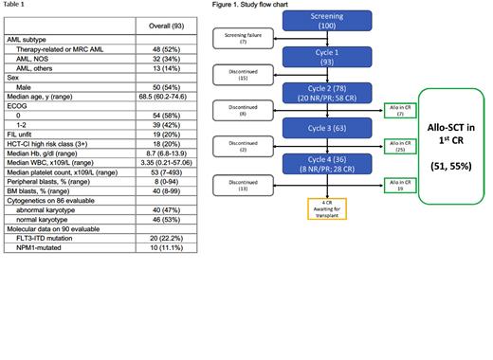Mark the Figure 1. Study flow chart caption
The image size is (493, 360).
[x=251, y=7]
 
